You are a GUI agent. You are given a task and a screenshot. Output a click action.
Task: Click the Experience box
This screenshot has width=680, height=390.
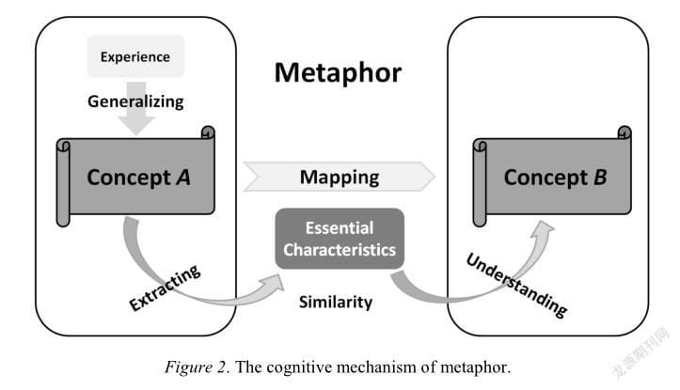coord(135,56)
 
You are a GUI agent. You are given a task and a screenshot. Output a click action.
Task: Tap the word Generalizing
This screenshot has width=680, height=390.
coord(135,101)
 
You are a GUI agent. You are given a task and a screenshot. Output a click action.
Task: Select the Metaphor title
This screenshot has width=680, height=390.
coord(338,72)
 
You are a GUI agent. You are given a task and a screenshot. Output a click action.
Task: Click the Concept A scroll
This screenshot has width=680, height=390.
coord(135,176)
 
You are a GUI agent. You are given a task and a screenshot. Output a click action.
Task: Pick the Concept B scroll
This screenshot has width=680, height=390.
coord(552,176)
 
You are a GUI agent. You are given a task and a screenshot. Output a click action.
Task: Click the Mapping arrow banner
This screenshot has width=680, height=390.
coord(340,177)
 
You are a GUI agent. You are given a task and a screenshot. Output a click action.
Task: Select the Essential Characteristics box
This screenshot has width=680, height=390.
coord(340,239)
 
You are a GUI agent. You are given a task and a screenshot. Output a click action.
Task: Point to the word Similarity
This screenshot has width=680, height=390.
coord(336,302)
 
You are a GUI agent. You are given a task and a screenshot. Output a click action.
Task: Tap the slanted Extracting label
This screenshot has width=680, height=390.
coord(165,288)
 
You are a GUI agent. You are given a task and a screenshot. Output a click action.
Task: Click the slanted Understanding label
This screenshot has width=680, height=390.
coord(516,285)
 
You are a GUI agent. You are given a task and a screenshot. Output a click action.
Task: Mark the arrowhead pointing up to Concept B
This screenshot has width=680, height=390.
coord(542,230)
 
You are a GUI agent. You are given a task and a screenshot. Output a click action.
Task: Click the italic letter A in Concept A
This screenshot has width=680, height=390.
coord(183,178)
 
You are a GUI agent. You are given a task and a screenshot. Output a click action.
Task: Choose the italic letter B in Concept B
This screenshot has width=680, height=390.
coord(600,178)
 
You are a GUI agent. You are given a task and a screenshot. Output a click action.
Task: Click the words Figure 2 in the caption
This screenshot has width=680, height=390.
coord(196,367)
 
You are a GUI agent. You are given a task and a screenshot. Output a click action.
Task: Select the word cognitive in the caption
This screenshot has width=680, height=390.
coord(299,367)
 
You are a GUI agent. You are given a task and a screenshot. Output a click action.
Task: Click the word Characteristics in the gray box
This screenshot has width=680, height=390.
coord(340,250)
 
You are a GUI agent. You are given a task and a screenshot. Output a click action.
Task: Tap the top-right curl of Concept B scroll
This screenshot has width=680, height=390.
coord(625,133)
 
